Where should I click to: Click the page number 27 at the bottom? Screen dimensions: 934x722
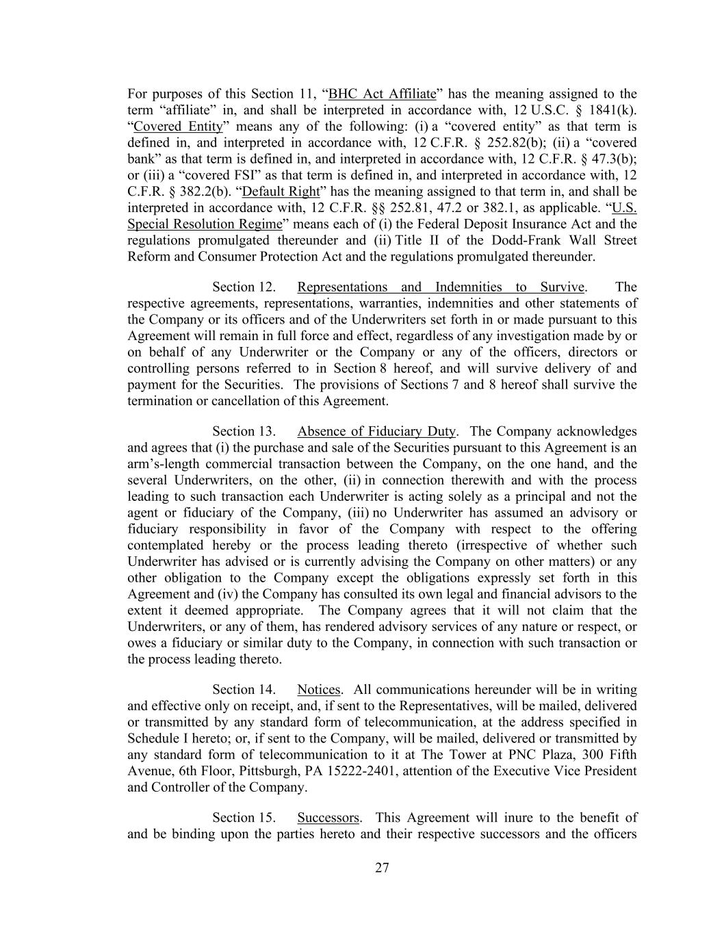(x=382, y=868)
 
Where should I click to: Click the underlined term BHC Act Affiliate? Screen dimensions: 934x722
(x=382, y=94)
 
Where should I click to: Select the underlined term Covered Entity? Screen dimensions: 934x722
(x=178, y=127)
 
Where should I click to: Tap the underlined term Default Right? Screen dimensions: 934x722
(x=281, y=192)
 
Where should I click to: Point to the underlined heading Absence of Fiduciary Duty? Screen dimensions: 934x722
(x=376, y=431)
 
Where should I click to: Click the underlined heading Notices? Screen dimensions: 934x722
(x=319, y=690)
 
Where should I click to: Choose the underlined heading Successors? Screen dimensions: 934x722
(x=328, y=818)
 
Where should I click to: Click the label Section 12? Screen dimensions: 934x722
(x=244, y=287)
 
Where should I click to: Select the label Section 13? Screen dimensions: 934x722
(x=244, y=431)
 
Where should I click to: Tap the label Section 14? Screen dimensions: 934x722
(x=244, y=690)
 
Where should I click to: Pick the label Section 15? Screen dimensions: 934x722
(x=244, y=818)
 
